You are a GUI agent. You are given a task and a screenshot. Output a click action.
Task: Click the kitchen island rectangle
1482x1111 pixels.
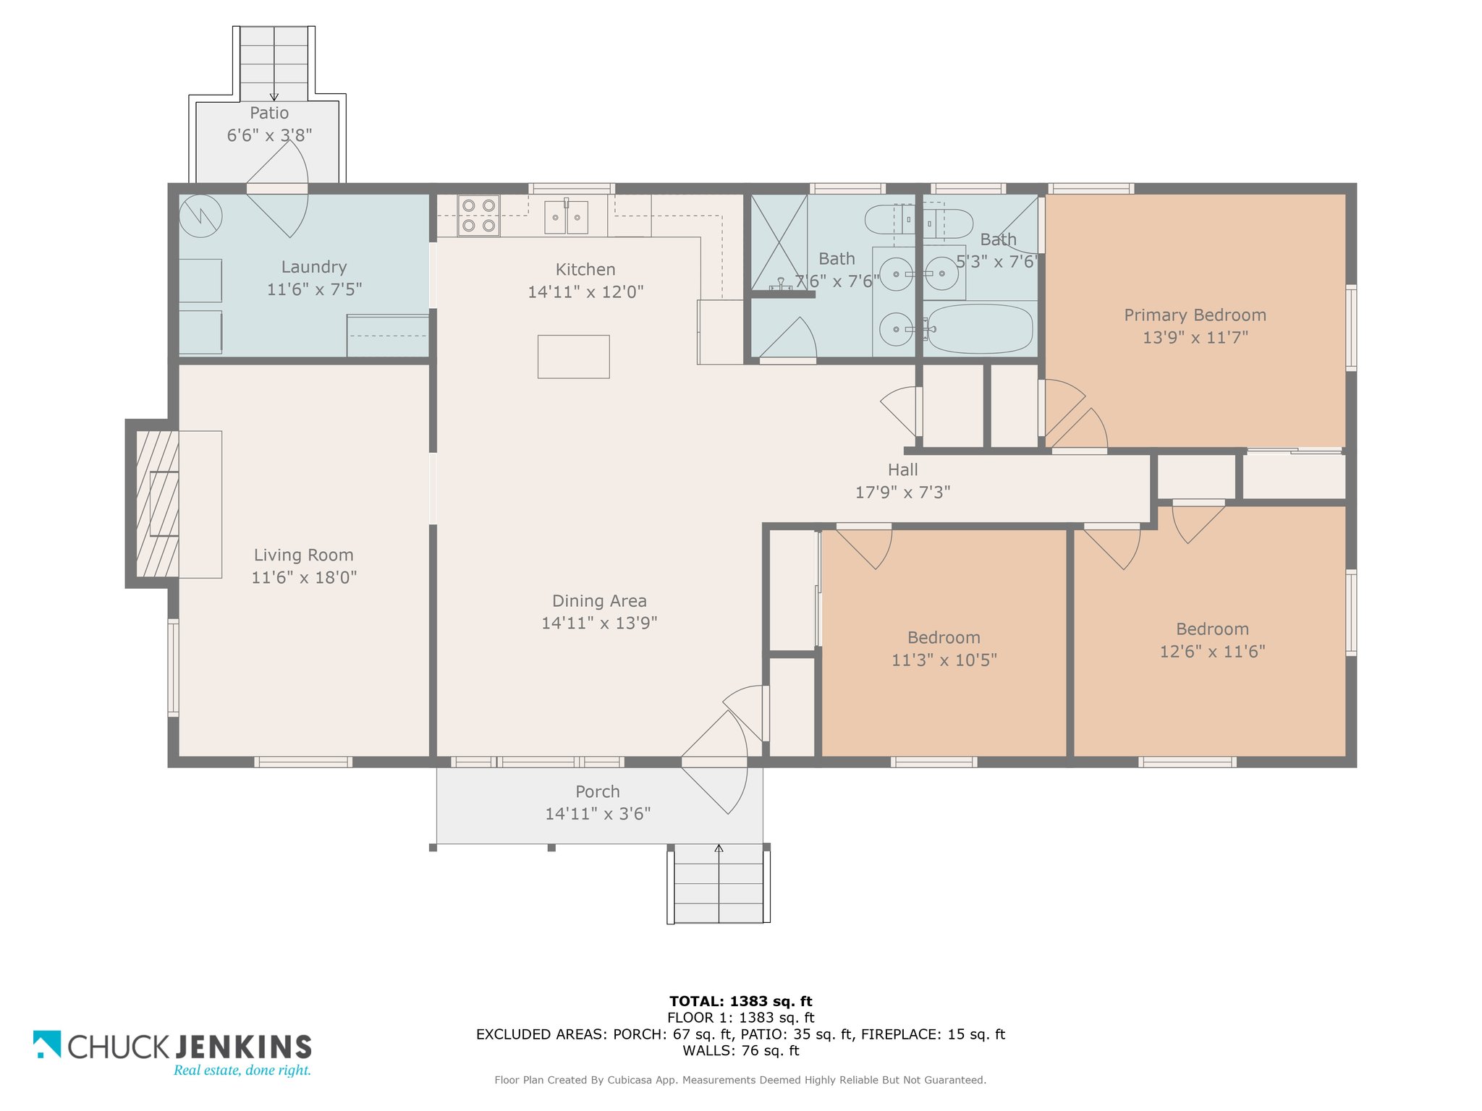tap(573, 357)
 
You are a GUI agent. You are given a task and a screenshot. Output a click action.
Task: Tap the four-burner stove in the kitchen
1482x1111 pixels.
tap(478, 216)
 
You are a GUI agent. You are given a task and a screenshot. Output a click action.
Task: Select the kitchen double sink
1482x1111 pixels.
tap(566, 217)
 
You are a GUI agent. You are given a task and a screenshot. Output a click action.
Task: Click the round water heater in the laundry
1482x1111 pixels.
tap(200, 216)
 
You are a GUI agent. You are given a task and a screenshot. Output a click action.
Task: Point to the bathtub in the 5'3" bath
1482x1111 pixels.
tap(980, 328)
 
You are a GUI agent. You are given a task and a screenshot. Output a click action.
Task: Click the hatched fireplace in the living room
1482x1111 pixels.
tap(157, 504)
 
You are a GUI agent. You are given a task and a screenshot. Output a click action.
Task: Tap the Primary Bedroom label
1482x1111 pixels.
tap(1195, 315)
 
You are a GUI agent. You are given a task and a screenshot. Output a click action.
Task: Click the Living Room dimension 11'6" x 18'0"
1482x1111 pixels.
tap(304, 577)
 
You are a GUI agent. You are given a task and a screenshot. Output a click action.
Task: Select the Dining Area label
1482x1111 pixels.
tap(599, 601)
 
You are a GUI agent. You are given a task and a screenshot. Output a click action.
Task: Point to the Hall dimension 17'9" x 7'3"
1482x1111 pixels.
tap(902, 493)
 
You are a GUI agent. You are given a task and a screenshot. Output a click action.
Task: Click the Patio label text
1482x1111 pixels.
tap(269, 113)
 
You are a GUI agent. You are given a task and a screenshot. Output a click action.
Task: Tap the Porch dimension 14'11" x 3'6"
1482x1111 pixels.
tap(598, 814)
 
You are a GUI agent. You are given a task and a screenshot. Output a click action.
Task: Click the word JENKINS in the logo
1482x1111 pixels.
tap(244, 1047)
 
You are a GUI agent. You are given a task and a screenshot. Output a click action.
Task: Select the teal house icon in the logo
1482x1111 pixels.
tap(47, 1044)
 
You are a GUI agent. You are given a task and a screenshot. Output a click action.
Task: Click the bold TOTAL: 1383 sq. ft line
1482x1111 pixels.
tap(740, 1001)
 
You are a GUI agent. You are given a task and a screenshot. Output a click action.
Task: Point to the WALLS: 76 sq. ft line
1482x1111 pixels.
tap(740, 1050)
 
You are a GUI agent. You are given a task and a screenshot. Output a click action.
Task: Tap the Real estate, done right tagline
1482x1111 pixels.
tap(242, 1070)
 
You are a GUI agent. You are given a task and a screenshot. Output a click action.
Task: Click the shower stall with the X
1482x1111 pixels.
tap(779, 242)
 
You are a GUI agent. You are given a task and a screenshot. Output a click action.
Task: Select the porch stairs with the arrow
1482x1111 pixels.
tap(719, 883)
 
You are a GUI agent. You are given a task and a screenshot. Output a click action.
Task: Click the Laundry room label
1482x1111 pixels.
tap(314, 267)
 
